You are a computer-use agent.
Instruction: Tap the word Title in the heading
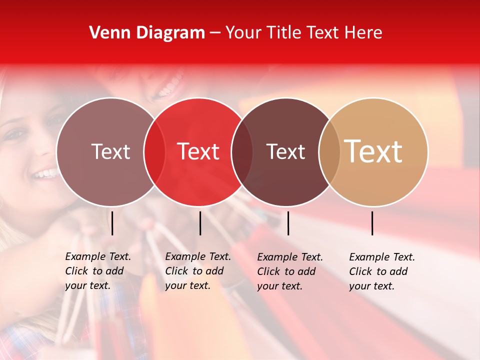coord(283,33)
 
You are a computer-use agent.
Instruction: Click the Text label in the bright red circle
coord(198,151)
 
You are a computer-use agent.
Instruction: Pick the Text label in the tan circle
coord(373,151)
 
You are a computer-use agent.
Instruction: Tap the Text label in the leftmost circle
coord(110,151)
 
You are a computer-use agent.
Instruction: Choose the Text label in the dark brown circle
coord(285,151)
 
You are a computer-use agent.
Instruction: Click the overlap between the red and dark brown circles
coord(242,152)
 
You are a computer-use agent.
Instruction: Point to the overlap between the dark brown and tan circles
coord(329,152)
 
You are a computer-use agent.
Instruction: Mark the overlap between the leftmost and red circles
coord(154,152)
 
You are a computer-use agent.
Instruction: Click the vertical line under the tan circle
coord(372,223)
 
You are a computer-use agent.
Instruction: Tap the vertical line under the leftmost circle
coord(112,223)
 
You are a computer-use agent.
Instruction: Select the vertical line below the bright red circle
coord(200,223)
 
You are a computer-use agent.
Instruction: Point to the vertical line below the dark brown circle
coord(288,223)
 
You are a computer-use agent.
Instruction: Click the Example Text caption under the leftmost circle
coord(97,271)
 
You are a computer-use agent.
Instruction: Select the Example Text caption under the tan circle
coord(381,271)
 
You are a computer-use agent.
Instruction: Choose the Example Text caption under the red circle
coord(197,271)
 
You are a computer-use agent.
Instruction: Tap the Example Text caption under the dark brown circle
coord(289,271)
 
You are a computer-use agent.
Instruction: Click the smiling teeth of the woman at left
coord(45,174)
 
